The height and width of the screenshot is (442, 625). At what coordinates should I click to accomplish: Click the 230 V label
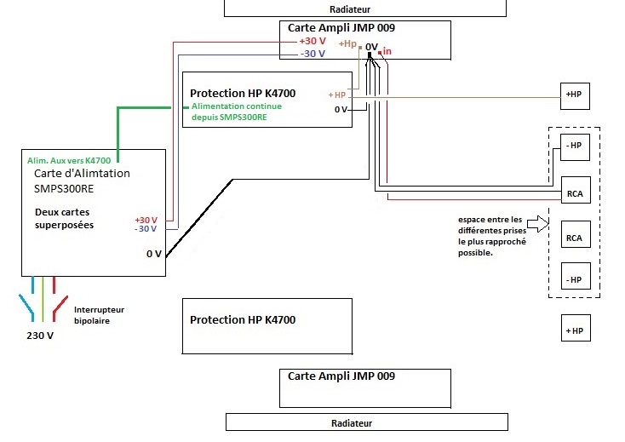(40, 336)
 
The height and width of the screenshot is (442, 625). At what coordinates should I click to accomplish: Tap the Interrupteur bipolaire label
(99, 315)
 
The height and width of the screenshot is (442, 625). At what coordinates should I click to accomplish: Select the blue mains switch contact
(26, 307)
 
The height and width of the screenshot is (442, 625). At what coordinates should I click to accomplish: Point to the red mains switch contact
(60, 308)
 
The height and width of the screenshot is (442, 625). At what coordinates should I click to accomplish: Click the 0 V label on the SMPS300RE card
(154, 254)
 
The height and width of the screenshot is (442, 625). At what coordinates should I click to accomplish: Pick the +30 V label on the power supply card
(146, 220)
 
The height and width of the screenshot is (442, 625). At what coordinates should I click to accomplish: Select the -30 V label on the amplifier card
(312, 54)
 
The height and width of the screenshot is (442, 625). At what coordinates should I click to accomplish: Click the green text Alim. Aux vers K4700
(69, 161)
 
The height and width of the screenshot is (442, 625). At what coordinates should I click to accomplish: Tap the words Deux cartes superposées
(64, 218)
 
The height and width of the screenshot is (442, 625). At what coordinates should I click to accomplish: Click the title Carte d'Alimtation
(82, 174)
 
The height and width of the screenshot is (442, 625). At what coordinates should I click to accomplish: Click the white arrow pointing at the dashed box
(537, 224)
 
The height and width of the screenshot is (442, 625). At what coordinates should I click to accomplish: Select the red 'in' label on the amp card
(387, 51)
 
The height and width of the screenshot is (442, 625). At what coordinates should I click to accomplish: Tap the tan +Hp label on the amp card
(347, 43)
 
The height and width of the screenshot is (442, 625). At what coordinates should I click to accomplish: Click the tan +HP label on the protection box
(337, 95)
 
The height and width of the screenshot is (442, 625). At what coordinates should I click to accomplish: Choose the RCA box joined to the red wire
(576, 190)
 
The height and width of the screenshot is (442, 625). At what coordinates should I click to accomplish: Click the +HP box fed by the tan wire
(575, 96)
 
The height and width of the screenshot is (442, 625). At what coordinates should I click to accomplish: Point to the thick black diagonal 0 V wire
(199, 218)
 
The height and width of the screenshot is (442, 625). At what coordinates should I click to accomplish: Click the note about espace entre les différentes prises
(492, 236)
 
